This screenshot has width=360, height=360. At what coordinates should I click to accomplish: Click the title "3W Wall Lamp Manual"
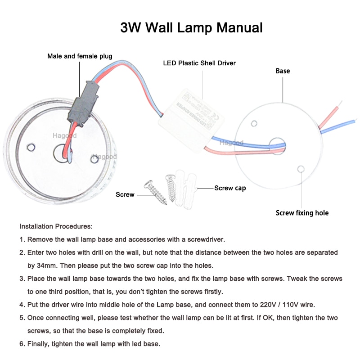(x=191, y=28)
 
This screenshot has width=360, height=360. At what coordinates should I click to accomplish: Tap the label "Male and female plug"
(x=80, y=56)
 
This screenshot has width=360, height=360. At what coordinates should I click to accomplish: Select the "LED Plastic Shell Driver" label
(x=199, y=63)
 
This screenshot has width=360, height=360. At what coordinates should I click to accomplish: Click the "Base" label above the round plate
(x=283, y=71)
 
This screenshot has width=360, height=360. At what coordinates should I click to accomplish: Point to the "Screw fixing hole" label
(x=302, y=213)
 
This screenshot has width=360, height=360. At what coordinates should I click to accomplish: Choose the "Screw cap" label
(x=230, y=188)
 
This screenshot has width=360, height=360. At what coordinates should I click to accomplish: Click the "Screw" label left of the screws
(x=125, y=194)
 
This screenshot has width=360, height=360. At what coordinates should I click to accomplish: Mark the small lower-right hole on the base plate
(x=301, y=169)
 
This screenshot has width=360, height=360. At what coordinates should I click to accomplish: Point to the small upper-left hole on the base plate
(x=254, y=123)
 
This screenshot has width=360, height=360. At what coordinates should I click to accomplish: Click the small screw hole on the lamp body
(x=31, y=147)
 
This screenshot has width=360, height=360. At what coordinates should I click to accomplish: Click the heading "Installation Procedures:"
(x=56, y=226)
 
